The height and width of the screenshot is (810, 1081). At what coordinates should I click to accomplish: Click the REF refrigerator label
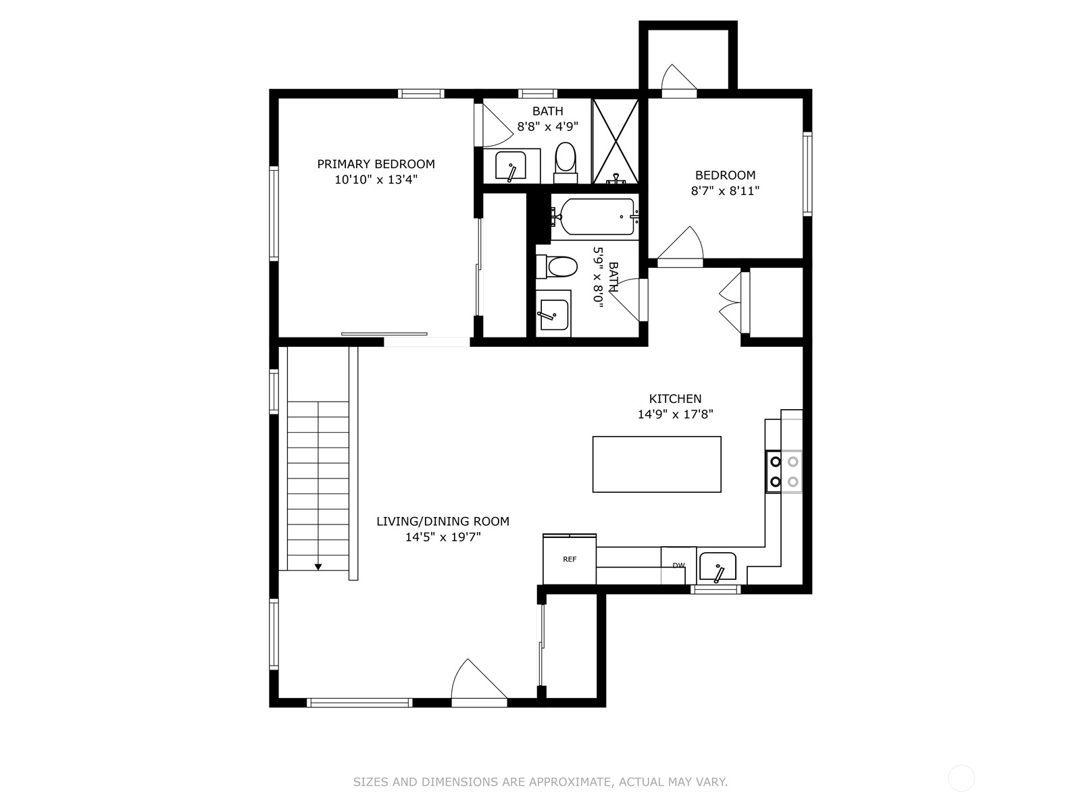coord(570,559)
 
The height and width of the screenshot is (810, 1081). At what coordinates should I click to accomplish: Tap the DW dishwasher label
coord(678,566)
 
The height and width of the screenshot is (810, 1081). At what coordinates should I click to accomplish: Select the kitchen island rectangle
coord(657,464)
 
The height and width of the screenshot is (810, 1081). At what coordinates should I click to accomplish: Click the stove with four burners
coord(784,472)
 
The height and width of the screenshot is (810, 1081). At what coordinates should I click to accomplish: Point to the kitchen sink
coord(718,567)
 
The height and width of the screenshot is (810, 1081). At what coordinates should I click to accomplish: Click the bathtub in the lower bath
coord(595,217)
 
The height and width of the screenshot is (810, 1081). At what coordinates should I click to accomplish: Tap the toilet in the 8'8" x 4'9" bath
coord(565,163)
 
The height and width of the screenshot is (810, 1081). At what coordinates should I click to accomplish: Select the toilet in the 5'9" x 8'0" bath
coord(557,267)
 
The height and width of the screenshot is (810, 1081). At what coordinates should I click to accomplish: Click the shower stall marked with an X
coord(615,141)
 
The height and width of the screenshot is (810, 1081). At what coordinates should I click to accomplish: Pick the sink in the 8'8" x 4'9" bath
coord(510,166)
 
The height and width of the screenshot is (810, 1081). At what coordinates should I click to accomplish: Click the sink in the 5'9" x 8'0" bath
coord(553,315)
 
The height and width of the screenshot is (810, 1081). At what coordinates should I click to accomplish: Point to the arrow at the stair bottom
coord(318,566)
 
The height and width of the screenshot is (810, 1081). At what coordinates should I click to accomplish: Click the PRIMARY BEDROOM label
coord(376,164)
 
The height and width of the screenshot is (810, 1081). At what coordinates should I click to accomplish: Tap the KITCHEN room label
coord(675,398)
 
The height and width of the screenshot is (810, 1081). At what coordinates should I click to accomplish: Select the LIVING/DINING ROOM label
coord(443,521)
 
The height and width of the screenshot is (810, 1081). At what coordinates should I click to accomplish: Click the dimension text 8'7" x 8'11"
coord(725,191)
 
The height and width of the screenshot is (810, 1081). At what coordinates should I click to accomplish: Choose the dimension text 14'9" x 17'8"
coord(675,414)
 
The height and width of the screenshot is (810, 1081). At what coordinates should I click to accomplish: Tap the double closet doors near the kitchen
coord(731,302)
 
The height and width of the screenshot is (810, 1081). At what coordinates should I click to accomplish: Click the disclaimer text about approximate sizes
coord(540,782)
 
